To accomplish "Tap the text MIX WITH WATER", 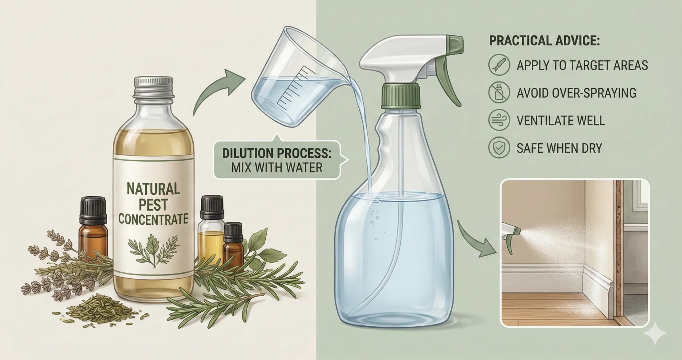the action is [277, 168].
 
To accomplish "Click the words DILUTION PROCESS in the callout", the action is [277, 154].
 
